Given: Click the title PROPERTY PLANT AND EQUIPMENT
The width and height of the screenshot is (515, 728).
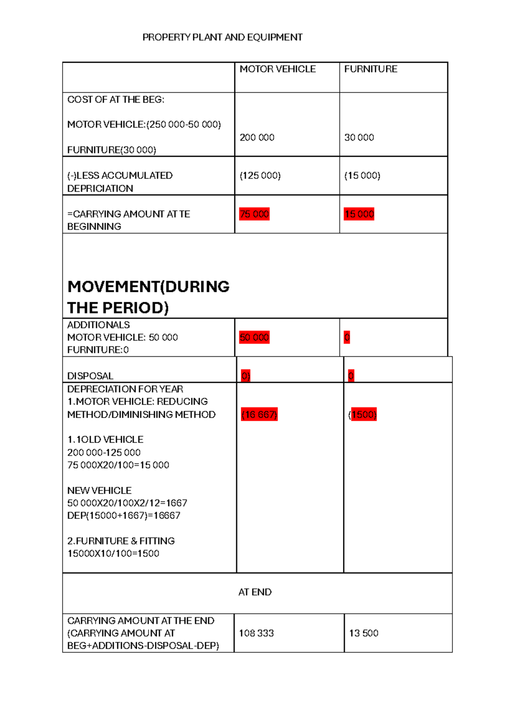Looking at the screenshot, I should (222, 37).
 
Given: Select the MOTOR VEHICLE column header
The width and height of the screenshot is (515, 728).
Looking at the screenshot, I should (277, 69).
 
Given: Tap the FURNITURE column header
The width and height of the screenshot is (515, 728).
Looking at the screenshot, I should (370, 69).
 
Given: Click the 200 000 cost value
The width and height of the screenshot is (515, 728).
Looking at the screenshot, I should (257, 137).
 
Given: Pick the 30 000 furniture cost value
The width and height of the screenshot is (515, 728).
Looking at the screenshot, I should (359, 137).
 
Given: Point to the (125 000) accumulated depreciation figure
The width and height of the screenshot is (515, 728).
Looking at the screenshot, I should (260, 176).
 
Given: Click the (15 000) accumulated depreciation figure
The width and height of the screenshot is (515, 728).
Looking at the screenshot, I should (362, 176).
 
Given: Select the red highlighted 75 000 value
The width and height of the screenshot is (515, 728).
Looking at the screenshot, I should (254, 214).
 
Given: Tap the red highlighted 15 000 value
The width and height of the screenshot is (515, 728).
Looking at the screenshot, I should (359, 214).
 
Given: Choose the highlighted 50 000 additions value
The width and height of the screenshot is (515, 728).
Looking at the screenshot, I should (254, 337).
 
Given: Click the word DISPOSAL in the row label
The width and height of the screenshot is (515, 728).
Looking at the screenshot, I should (90, 376).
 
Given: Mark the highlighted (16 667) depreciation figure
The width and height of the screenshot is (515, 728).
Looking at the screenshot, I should (259, 414).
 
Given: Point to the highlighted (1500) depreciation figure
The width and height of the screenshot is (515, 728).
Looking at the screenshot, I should (363, 414).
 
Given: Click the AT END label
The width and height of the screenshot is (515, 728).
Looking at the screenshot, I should (254, 592).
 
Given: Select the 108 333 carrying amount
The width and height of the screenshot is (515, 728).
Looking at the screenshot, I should (256, 633).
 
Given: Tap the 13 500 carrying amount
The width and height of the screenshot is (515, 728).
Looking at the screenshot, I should (364, 633).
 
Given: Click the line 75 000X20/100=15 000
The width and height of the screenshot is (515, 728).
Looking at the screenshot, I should (118, 465).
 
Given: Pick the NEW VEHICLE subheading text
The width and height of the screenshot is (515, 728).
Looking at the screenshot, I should (99, 490).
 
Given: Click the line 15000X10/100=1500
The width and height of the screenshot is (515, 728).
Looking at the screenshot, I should (113, 553).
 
